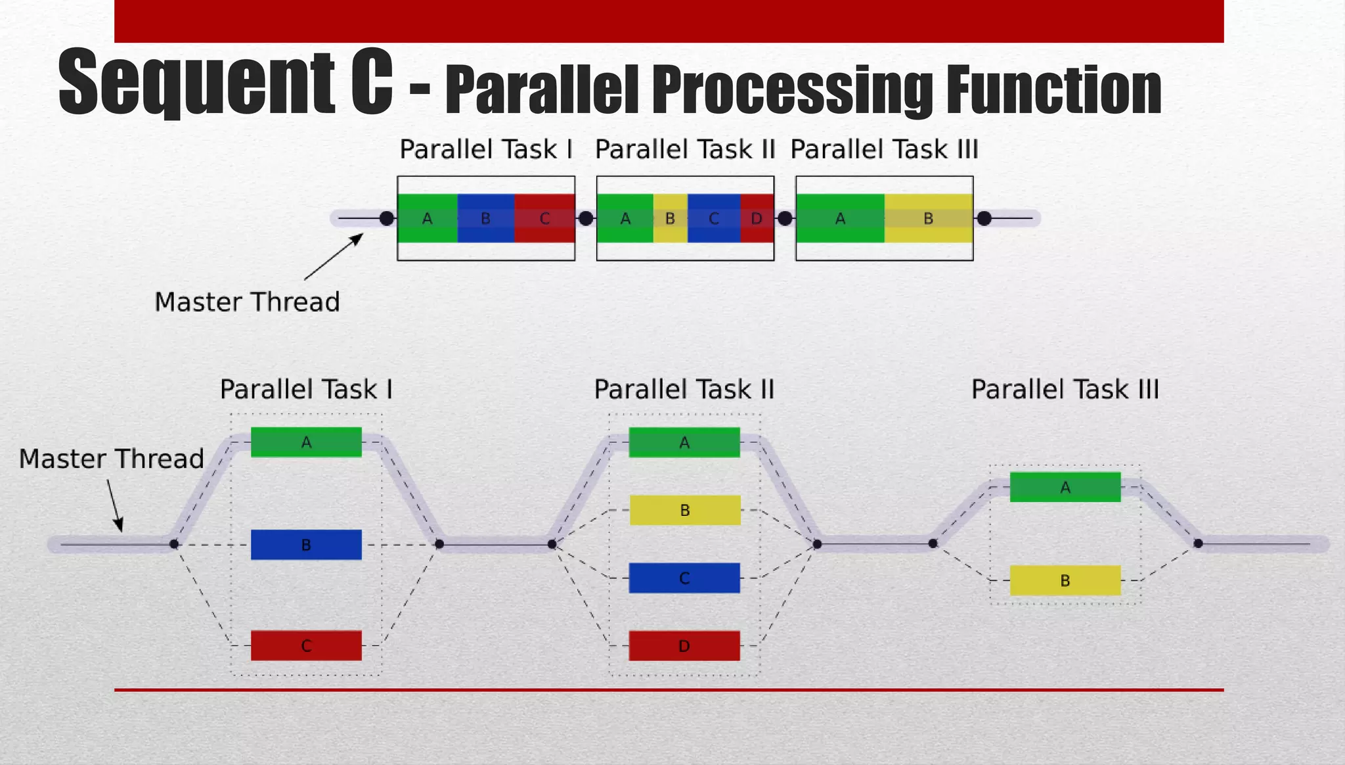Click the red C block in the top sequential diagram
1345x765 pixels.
point(544,218)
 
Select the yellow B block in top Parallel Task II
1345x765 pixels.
point(671,218)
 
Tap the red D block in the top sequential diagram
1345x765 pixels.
point(757,218)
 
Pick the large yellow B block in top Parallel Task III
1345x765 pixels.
point(929,218)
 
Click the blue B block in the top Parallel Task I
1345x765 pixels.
point(486,218)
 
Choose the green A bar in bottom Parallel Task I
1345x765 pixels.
point(306,442)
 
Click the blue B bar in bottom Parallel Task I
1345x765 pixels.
point(306,545)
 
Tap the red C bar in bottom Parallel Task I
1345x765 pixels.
point(306,645)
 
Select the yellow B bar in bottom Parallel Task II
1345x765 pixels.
point(685,510)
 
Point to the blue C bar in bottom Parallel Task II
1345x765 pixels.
point(684,578)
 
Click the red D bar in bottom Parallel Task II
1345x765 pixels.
point(684,645)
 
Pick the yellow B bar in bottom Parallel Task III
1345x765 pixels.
point(1065,580)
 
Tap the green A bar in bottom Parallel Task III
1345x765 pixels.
point(1065,487)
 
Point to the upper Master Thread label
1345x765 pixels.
point(247,302)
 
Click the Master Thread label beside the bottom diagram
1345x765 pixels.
point(112,459)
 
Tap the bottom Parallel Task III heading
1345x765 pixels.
point(1065,389)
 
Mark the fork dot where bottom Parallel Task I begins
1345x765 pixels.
point(174,544)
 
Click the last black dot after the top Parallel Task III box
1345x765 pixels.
point(984,218)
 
